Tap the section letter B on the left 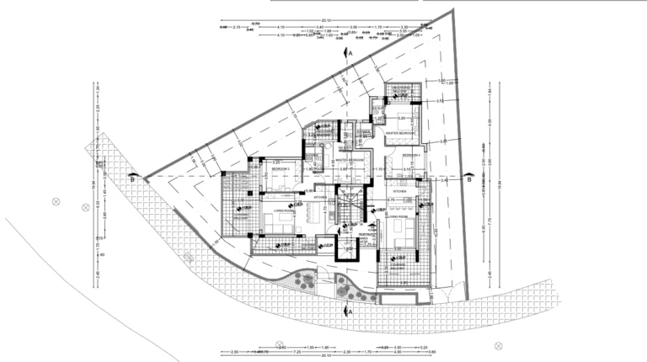pyautogui.click(x=132, y=178)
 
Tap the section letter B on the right pyautogui.click(x=468, y=178)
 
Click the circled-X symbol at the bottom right pyautogui.click(x=498, y=344)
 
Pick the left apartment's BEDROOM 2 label pyautogui.click(x=281, y=169)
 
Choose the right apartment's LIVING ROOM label pyautogui.click(x=399, y=216)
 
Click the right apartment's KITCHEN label pyautogui.click(x=398, y=192)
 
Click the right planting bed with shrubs pyautogui.click(x=345, y=286)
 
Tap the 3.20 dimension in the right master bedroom pyautogui.click(x=402, y=118)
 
